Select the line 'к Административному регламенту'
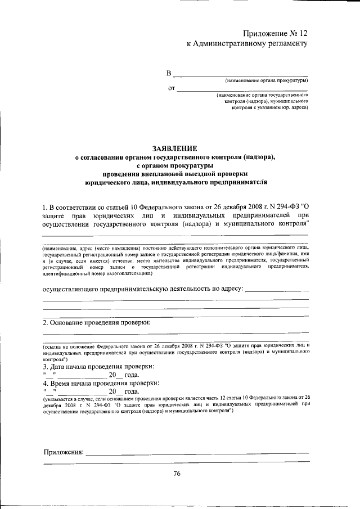tap(247, 43)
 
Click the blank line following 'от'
tap(242, 89)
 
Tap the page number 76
tap(177, 474)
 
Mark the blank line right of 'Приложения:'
tap(197, 453)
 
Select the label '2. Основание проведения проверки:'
tap(97, 323)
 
